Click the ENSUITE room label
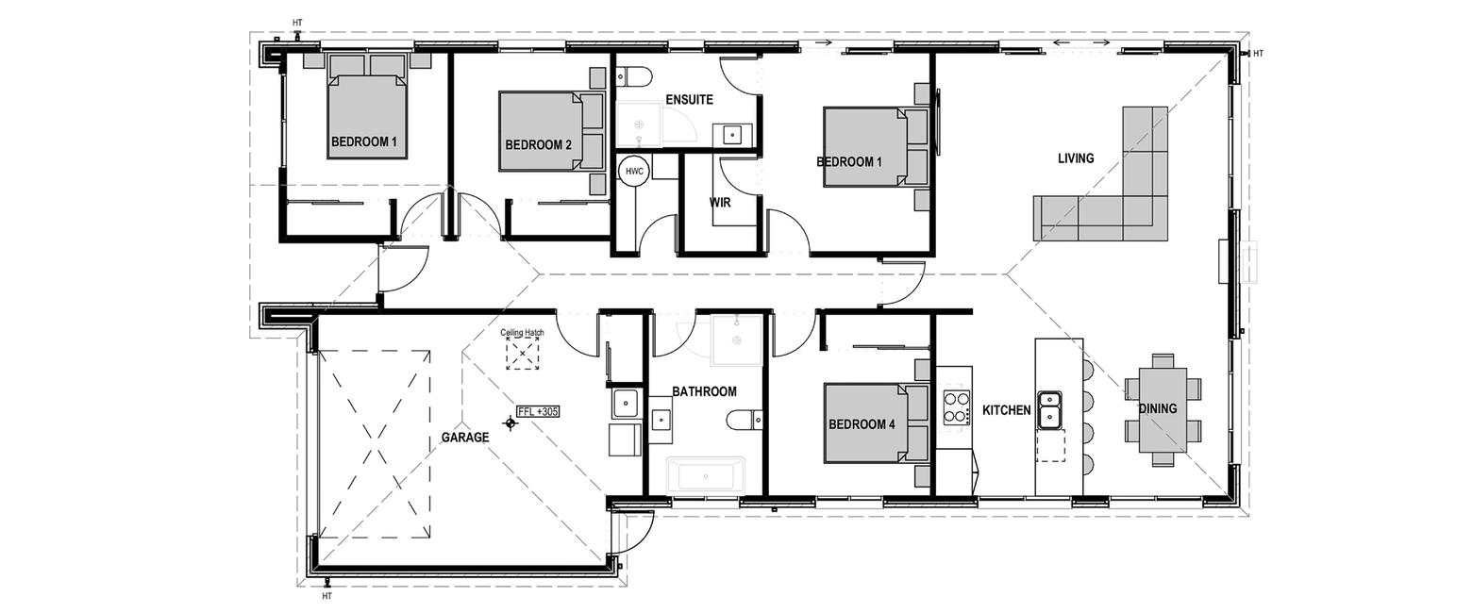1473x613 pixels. coord(689,100)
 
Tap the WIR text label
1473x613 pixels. coord(720,203)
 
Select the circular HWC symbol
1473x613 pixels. coord(634,172)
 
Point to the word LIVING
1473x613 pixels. coord(1076,158)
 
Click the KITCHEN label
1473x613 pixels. coord(1007,410)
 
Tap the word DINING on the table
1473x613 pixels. coord(1158,408)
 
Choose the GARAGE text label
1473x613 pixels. coord(465,438)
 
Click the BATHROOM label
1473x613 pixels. coord(704,391)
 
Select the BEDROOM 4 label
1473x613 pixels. coord(862,424)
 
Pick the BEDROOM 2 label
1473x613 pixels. coord(539,145)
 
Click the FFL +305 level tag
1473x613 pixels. coord(538,412)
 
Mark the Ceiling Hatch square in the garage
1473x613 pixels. coord(523,354)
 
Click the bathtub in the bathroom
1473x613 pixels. coord(706,475)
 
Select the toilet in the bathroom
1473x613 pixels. coord(745,419)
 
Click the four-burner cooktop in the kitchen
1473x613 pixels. coord(957,406)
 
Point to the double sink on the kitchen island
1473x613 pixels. coord(1049,410)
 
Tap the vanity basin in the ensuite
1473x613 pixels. coord(732,136)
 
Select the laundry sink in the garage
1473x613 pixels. coord(626,404)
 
